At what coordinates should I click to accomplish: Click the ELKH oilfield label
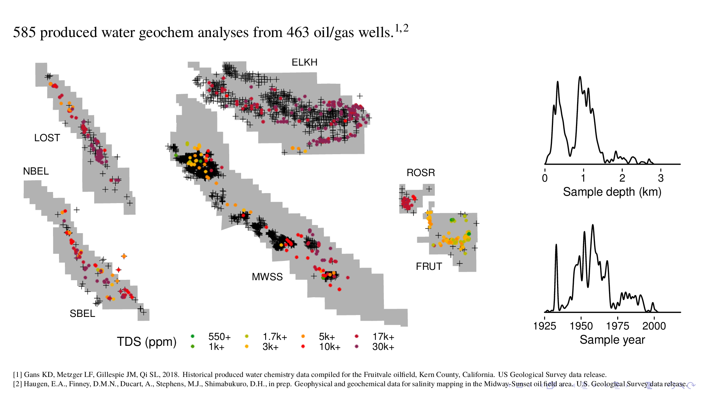[304, 62]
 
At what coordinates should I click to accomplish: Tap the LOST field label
[47, 138]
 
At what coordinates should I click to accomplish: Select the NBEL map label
[36, 171]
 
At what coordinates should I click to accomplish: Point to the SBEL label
[82, 314]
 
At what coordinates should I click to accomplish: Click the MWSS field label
[267, 277]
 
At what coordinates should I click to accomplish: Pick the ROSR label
[421, 173]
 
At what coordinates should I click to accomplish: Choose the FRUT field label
[429, 266]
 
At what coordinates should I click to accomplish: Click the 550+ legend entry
[219, 337]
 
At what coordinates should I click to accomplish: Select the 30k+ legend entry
[383, 347]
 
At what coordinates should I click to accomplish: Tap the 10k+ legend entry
[329, 347]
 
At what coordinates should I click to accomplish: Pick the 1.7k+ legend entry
[274, 337]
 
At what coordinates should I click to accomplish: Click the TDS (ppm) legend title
[147, 341]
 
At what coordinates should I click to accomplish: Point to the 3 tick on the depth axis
[661, 178]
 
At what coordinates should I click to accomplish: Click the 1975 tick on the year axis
[618, 326]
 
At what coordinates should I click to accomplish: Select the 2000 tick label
[654, 326]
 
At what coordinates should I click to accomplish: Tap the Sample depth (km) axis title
[612, 192]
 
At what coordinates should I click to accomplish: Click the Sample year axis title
[612, 340]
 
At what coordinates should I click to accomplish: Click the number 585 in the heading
[24, 33]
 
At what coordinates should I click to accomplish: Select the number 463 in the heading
[298, 33]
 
